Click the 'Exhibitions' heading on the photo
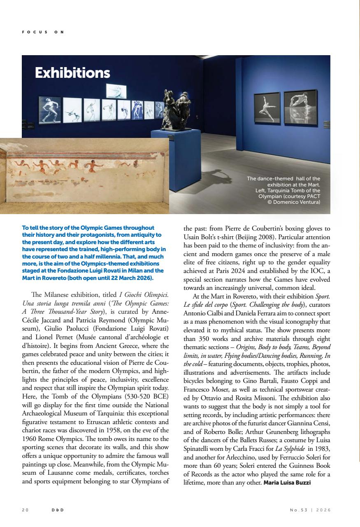click(x=72, y=73)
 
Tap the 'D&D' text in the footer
click(x=58, y=510)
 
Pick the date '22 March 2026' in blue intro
click(x=131, y=278)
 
